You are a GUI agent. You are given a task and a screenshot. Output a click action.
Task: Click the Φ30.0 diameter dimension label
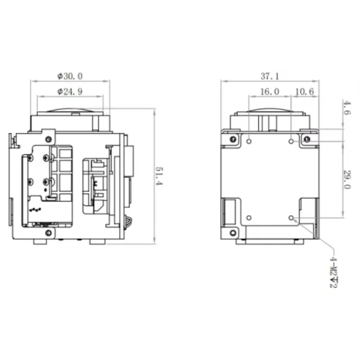click(x=70, y=76)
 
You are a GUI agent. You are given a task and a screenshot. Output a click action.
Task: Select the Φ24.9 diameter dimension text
click(x=70, y=92)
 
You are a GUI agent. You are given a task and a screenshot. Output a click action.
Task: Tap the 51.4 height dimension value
click(x=159, y=176)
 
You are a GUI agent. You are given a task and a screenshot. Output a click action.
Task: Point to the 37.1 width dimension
click(x=270, y=76)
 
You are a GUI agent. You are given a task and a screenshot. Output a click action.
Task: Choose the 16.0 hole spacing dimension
click(x=270, y=92)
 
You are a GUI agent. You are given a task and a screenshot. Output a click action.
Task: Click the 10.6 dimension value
click(x=305, y=92)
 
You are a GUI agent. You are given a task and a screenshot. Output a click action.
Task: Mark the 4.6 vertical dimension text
click(x=346, y=108)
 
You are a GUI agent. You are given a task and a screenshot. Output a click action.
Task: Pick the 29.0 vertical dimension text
click(x=346, y=180)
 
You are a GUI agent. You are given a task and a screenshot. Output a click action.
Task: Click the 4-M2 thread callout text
click(x=333, y=272)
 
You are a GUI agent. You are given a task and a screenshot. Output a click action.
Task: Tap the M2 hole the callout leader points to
click(x=291, y=218)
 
